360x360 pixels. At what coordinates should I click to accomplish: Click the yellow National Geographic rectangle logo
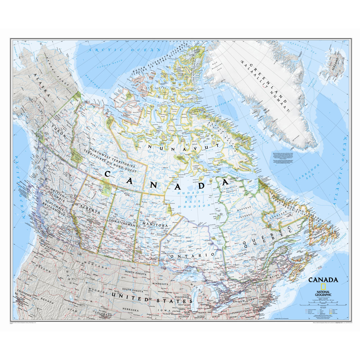pos(323,287)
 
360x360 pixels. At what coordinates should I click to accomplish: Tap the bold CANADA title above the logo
pos(323,280)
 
